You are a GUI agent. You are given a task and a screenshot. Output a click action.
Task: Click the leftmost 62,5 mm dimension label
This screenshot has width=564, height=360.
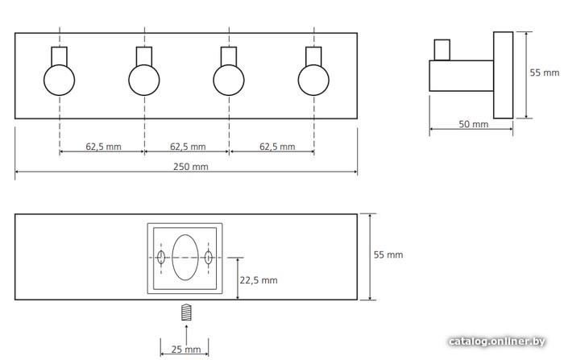(102, 147)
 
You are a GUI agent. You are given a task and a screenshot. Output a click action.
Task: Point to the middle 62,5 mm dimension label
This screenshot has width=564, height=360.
(187, 147)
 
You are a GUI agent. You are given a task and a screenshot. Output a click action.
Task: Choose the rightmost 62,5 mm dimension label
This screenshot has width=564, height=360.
(272, 147)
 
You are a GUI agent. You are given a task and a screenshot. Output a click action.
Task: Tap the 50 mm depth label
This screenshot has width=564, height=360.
(473, 124)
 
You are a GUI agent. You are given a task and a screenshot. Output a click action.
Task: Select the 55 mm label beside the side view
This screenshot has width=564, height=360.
(545, 72)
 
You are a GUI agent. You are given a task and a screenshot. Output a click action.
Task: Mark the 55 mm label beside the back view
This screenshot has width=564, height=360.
(388, 254)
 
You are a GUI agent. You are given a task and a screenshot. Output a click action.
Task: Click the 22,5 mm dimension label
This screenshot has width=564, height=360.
(259, 280)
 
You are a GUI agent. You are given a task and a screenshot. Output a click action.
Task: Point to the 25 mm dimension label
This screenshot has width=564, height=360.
(186, 350)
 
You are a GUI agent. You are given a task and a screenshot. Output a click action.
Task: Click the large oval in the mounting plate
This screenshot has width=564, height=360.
(185, 257)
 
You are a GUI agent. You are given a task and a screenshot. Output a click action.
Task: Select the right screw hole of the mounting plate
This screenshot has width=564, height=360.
(209, 258)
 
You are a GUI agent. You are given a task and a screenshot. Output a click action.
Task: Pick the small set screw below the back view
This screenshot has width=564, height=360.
(185, 312)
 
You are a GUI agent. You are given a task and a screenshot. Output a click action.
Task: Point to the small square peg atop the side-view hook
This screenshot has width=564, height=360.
(441, 50)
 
